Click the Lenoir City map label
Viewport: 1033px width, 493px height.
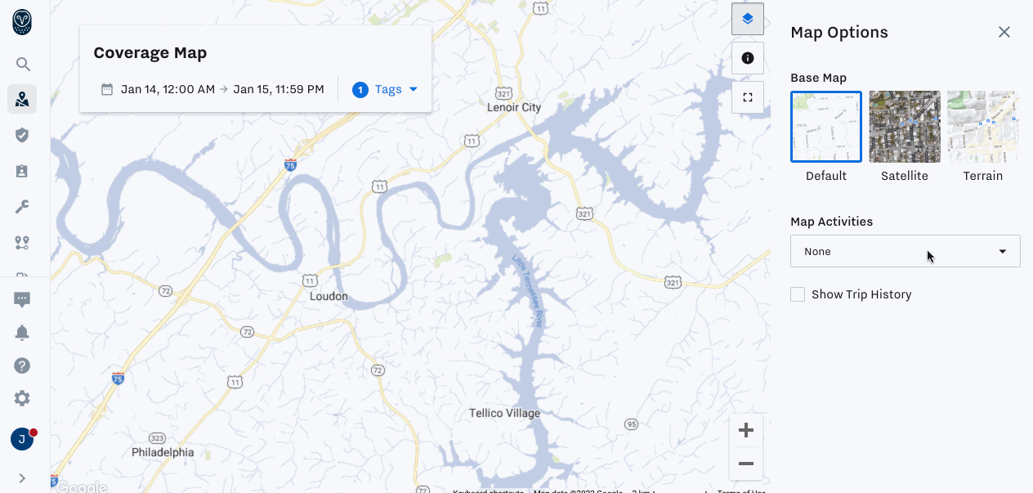tap(514, 107)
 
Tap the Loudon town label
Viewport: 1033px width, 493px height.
tap(329, 296)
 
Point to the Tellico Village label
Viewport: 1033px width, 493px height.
tap(504, 413)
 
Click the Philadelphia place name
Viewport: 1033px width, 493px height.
tap(163, 452)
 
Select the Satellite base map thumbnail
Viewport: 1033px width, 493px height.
tap(905, 127)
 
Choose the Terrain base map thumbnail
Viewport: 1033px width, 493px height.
tap(982, 127)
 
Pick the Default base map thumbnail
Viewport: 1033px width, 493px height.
tap(826, 127)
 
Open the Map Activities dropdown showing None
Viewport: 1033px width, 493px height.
tap(905, 251)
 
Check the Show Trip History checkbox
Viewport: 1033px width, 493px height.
tap(798, 294)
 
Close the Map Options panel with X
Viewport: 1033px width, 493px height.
tap(1004, 32)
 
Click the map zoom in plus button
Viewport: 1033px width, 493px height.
tap(745, 430)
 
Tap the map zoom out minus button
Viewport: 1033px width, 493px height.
tap(745, 464)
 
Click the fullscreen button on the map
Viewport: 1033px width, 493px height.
tap(747, 97)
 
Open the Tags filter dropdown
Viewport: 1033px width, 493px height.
tap(385, 89)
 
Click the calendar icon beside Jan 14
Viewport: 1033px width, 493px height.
tap(107, 89)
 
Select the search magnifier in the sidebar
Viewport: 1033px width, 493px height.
tap(23, 65)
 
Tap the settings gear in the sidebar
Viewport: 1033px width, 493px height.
tap(22, 398)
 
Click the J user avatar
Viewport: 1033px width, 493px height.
tap(22, 439)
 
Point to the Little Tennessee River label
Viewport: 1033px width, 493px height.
tap(529, 291)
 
